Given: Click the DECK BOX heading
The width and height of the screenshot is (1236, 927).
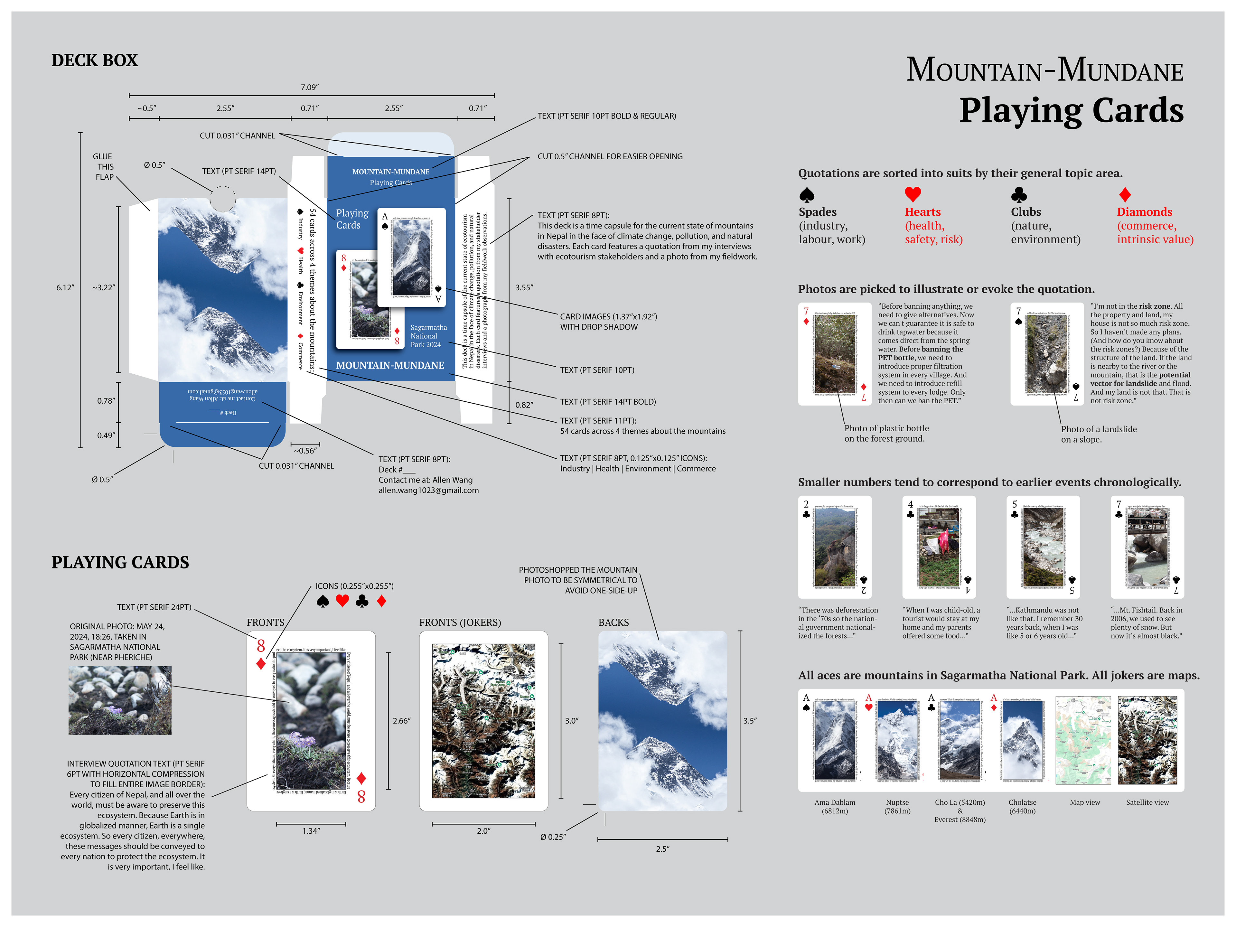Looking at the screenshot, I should [x=94, y=60].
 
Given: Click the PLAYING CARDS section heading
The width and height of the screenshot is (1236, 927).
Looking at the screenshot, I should [x=120, y=562].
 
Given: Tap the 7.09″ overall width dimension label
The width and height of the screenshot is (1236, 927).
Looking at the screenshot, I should [x=310, y=87].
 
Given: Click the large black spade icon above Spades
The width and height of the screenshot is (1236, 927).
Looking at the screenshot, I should [x=807, y=194].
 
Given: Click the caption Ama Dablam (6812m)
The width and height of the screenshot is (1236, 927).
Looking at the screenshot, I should [x=835, y=806].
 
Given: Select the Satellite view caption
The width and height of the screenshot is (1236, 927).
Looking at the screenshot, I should [x=1147, y=802].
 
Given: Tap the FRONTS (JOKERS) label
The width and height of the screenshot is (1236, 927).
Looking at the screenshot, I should [x=460, y=623].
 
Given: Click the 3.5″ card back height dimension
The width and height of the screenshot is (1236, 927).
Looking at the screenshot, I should [x=750, y=721].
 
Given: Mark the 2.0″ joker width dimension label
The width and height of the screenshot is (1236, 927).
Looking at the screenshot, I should [x=484, y=831].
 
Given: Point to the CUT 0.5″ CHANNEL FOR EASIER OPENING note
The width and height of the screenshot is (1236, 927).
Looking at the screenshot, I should [x=610, y=156].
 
